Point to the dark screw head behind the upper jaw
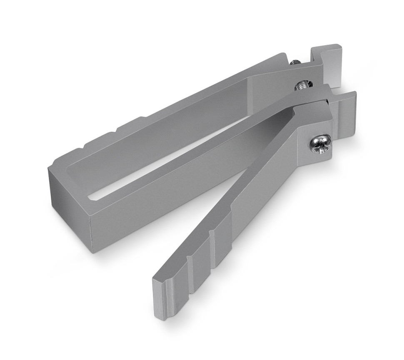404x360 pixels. point(295,62)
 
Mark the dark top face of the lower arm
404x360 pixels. point(250,175)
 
